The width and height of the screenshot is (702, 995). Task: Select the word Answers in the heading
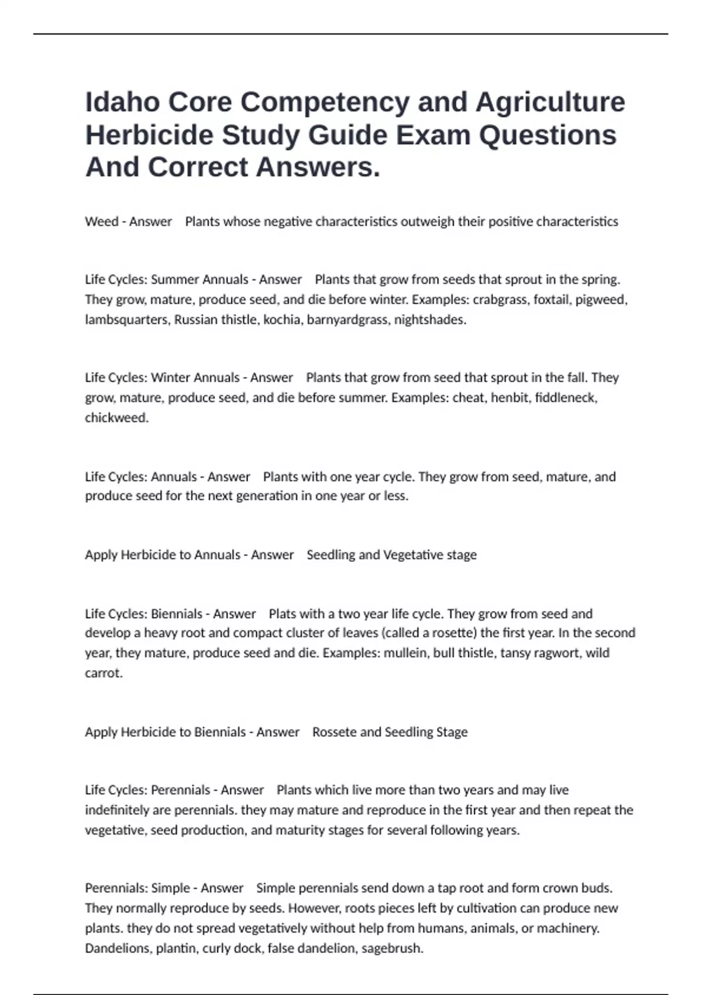tap(318, 167)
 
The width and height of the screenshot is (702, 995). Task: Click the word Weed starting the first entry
tap(101, 222)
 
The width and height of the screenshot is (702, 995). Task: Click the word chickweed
tap(116, 418)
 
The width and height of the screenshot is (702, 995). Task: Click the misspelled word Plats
tap(282, 614)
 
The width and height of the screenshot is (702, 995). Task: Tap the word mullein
tap(405, 653)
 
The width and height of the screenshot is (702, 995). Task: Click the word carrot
tap(104, 673)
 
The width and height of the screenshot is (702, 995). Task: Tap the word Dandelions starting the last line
tap(116, 948)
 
